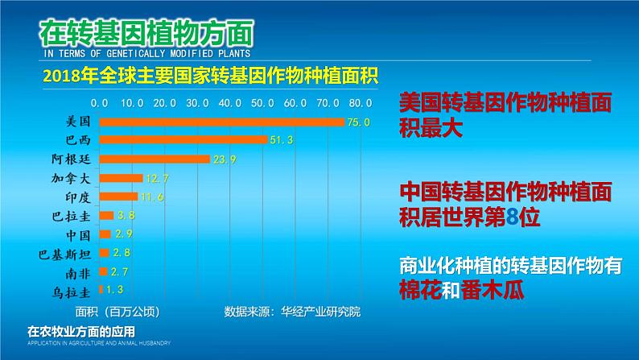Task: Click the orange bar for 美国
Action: pos(221,122)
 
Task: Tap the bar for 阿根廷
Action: pos(154,159)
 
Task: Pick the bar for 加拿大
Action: pos(121,178)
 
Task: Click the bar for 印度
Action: pos(117,197)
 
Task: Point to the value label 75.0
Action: pos(358,122)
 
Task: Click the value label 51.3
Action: pos(281,141)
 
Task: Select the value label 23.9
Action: pos(223,159)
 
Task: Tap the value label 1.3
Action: pos(112,289)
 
